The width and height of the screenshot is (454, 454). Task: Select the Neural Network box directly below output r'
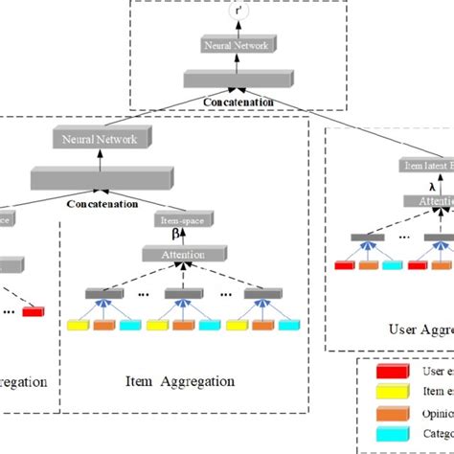pos(239,44)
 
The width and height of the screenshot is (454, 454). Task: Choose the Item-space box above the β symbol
pos(175,219)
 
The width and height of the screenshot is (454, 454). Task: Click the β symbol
pos(175,235)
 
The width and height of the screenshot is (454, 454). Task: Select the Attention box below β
pos(175,254)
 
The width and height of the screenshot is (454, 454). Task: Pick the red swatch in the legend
pos(390,371)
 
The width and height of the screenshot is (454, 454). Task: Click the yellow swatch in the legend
pos(390,392)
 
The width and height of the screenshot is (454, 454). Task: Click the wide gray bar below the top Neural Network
pos(239,76)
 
